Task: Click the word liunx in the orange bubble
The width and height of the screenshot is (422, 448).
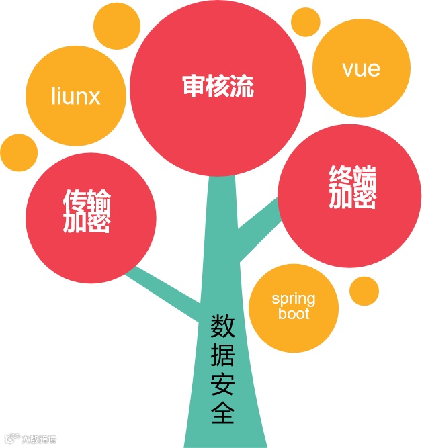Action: [75, 96]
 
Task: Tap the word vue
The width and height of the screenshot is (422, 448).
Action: [361, 69]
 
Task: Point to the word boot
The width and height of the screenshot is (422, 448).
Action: [293, 314]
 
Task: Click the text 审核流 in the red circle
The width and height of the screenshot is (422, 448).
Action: [218, 87]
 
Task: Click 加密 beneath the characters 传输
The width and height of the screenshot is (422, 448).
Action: [87, 222]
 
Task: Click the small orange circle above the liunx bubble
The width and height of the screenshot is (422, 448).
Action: [117, 25]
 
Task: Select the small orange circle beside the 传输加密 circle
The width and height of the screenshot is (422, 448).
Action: [17, 152]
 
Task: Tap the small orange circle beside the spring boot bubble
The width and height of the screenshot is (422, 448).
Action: [364, 289]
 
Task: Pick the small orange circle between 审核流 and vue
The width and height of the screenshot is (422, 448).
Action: [304, 21]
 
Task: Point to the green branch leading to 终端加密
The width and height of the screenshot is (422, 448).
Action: [259, 228]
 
